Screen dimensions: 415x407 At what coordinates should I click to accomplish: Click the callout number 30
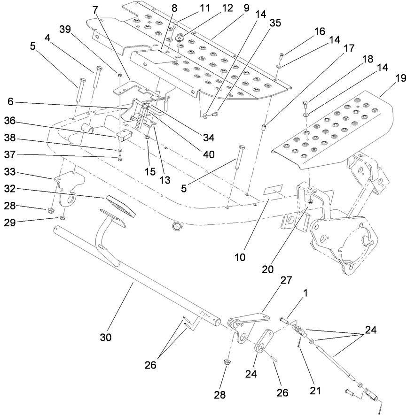click(x=106, y=337)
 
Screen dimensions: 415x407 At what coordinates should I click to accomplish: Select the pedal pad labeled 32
click(x=120, y=205)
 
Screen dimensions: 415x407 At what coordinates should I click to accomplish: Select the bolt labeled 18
click(x=306, y=103)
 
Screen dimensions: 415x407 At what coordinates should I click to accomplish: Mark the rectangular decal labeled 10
click(x=272, y=190)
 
